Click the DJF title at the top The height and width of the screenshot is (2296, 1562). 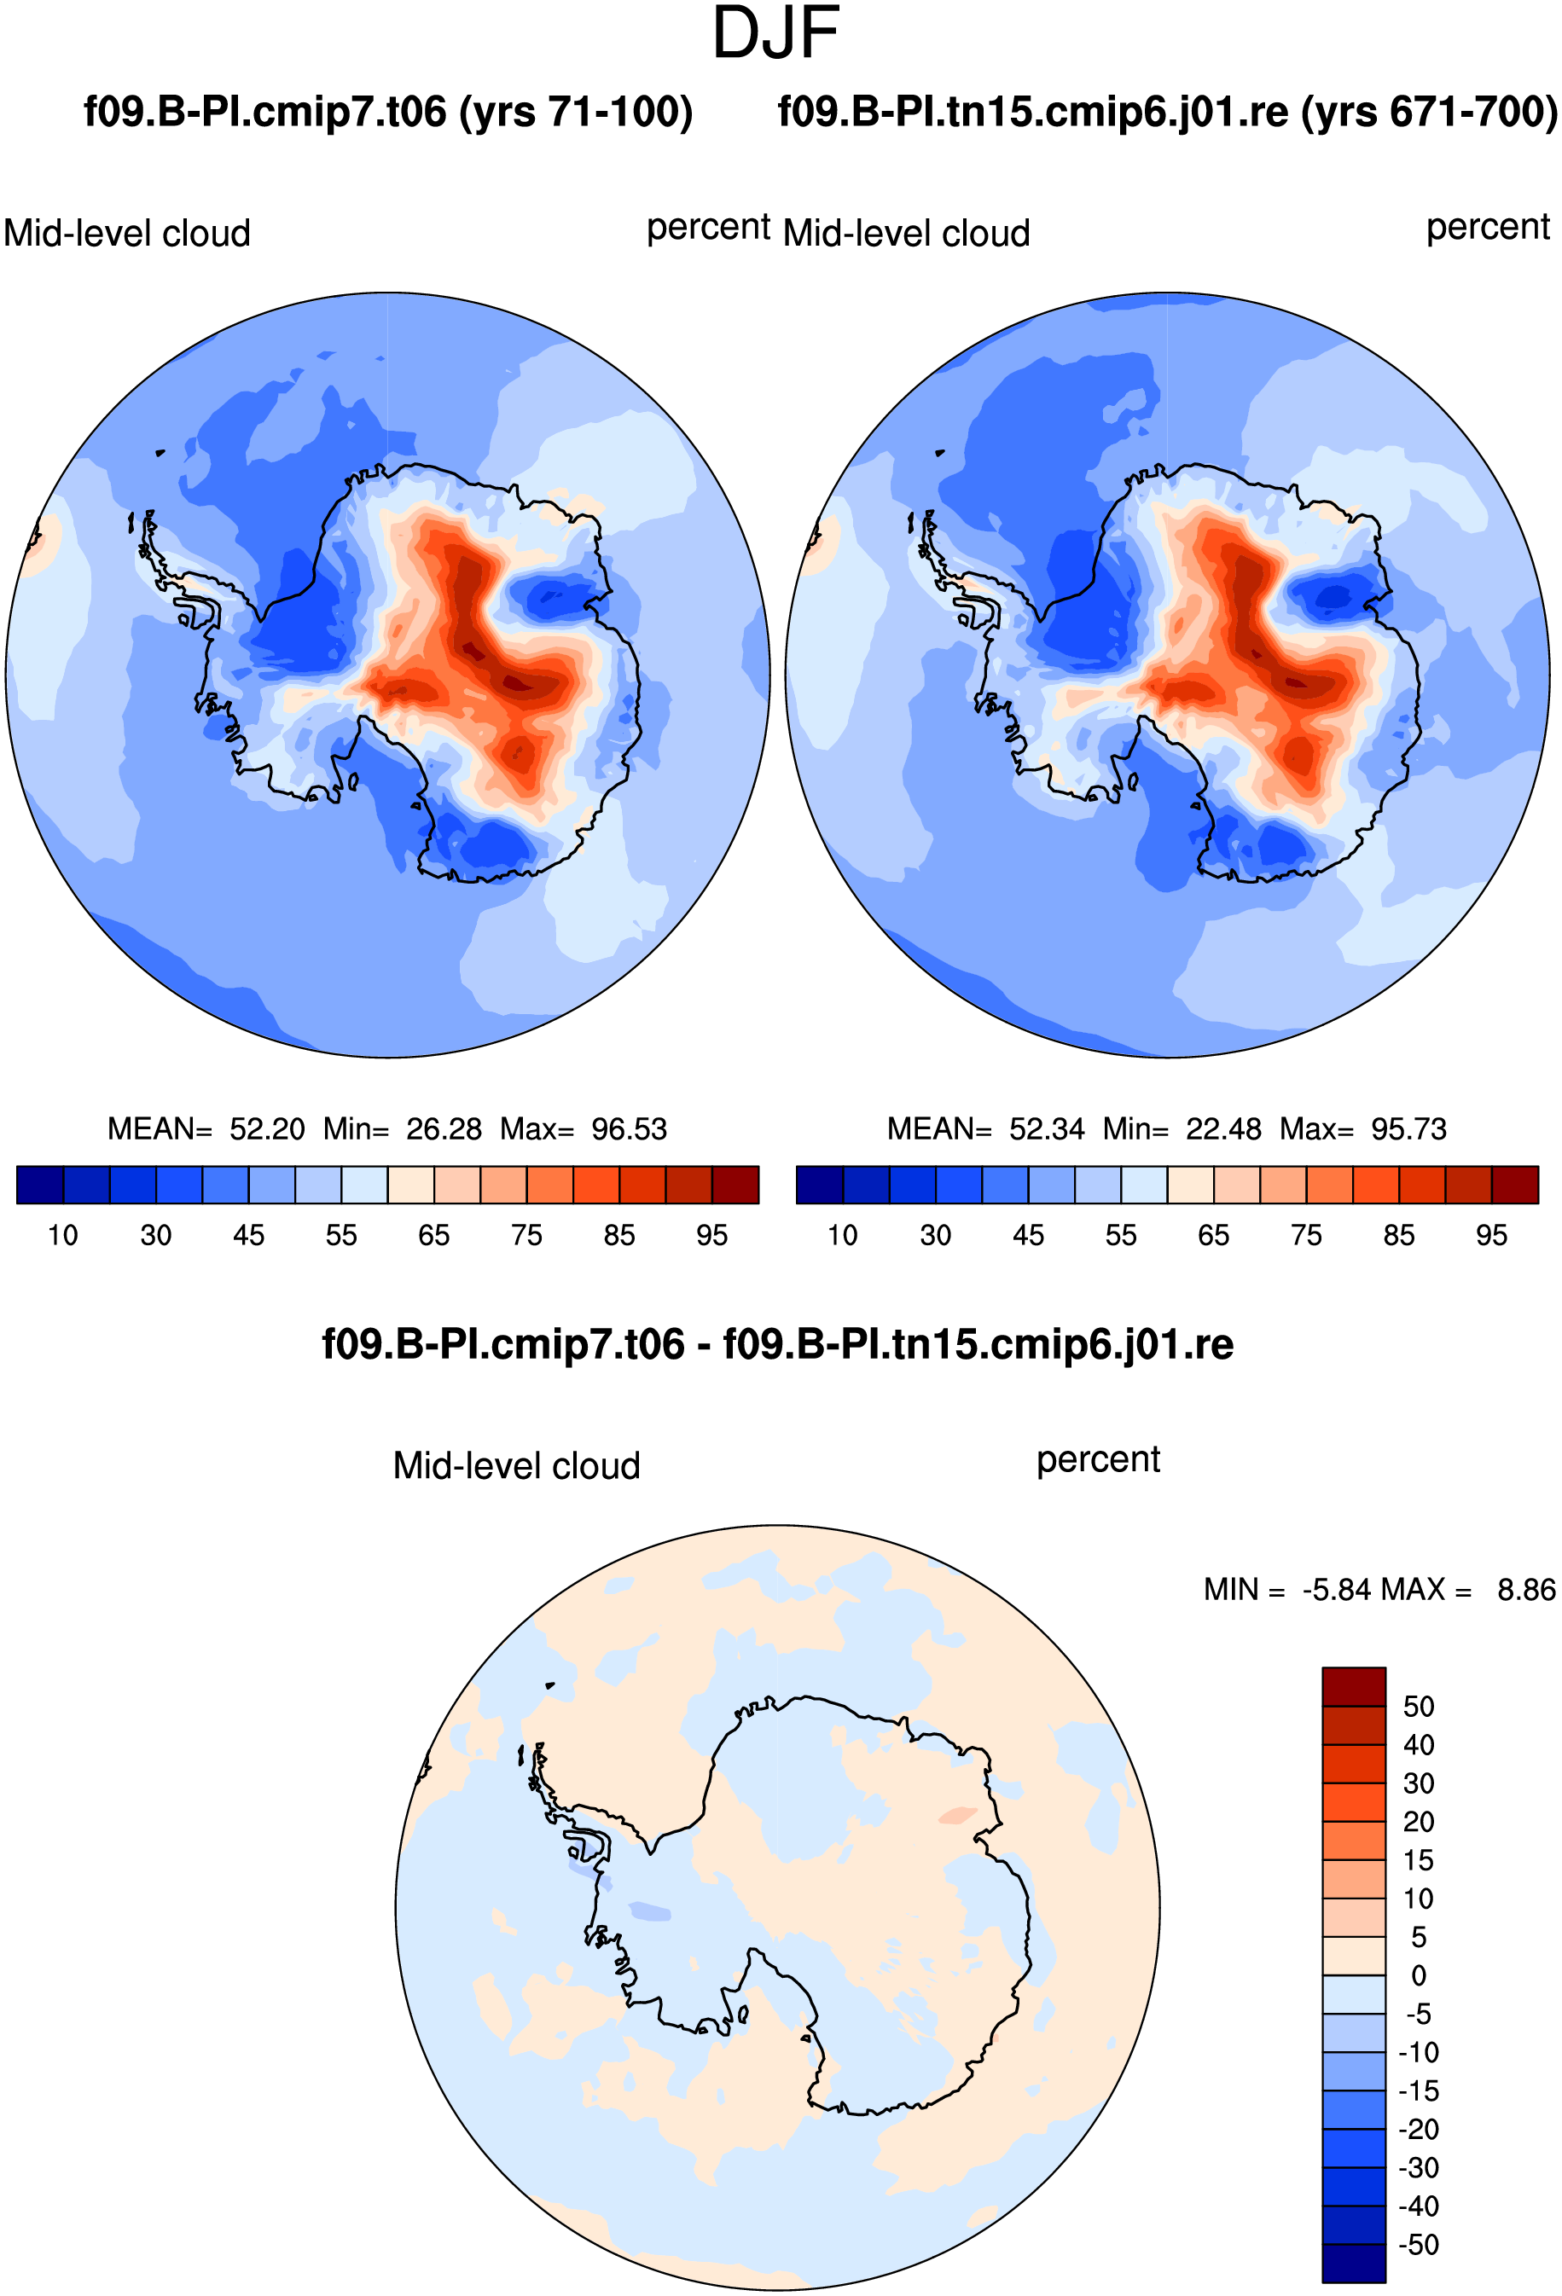point(775,32)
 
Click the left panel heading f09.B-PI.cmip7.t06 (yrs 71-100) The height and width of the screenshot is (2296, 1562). point(388,112)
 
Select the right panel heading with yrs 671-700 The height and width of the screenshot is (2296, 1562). point(1167,112)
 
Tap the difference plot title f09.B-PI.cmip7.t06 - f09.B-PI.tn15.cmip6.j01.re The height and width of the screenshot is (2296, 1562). point(777,1345)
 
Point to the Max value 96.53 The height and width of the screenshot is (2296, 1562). point(630,1128)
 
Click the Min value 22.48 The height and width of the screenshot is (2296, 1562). point(1223,1128)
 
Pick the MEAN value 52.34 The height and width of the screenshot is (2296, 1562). point(1046,1128)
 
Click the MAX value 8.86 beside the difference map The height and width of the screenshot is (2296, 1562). point(1526,1590)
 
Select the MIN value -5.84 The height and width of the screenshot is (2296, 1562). point(1337,1590)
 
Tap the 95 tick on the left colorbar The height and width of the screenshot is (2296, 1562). point(711,1235)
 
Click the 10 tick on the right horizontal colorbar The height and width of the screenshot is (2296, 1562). point(842,1235)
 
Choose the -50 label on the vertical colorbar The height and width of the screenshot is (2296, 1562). point(1418,2245)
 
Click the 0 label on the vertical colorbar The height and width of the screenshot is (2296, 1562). point(1419,1976)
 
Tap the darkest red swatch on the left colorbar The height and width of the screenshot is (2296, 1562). point(736,1185)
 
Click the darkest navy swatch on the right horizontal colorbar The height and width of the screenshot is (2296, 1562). point(819,1185)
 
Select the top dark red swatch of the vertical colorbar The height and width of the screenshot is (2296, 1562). point(1354,1686)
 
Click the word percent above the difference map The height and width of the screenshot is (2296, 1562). point(1098,1460)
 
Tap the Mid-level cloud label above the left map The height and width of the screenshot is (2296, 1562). point(126,233)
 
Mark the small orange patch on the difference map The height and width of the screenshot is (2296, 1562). point(957,1815)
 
